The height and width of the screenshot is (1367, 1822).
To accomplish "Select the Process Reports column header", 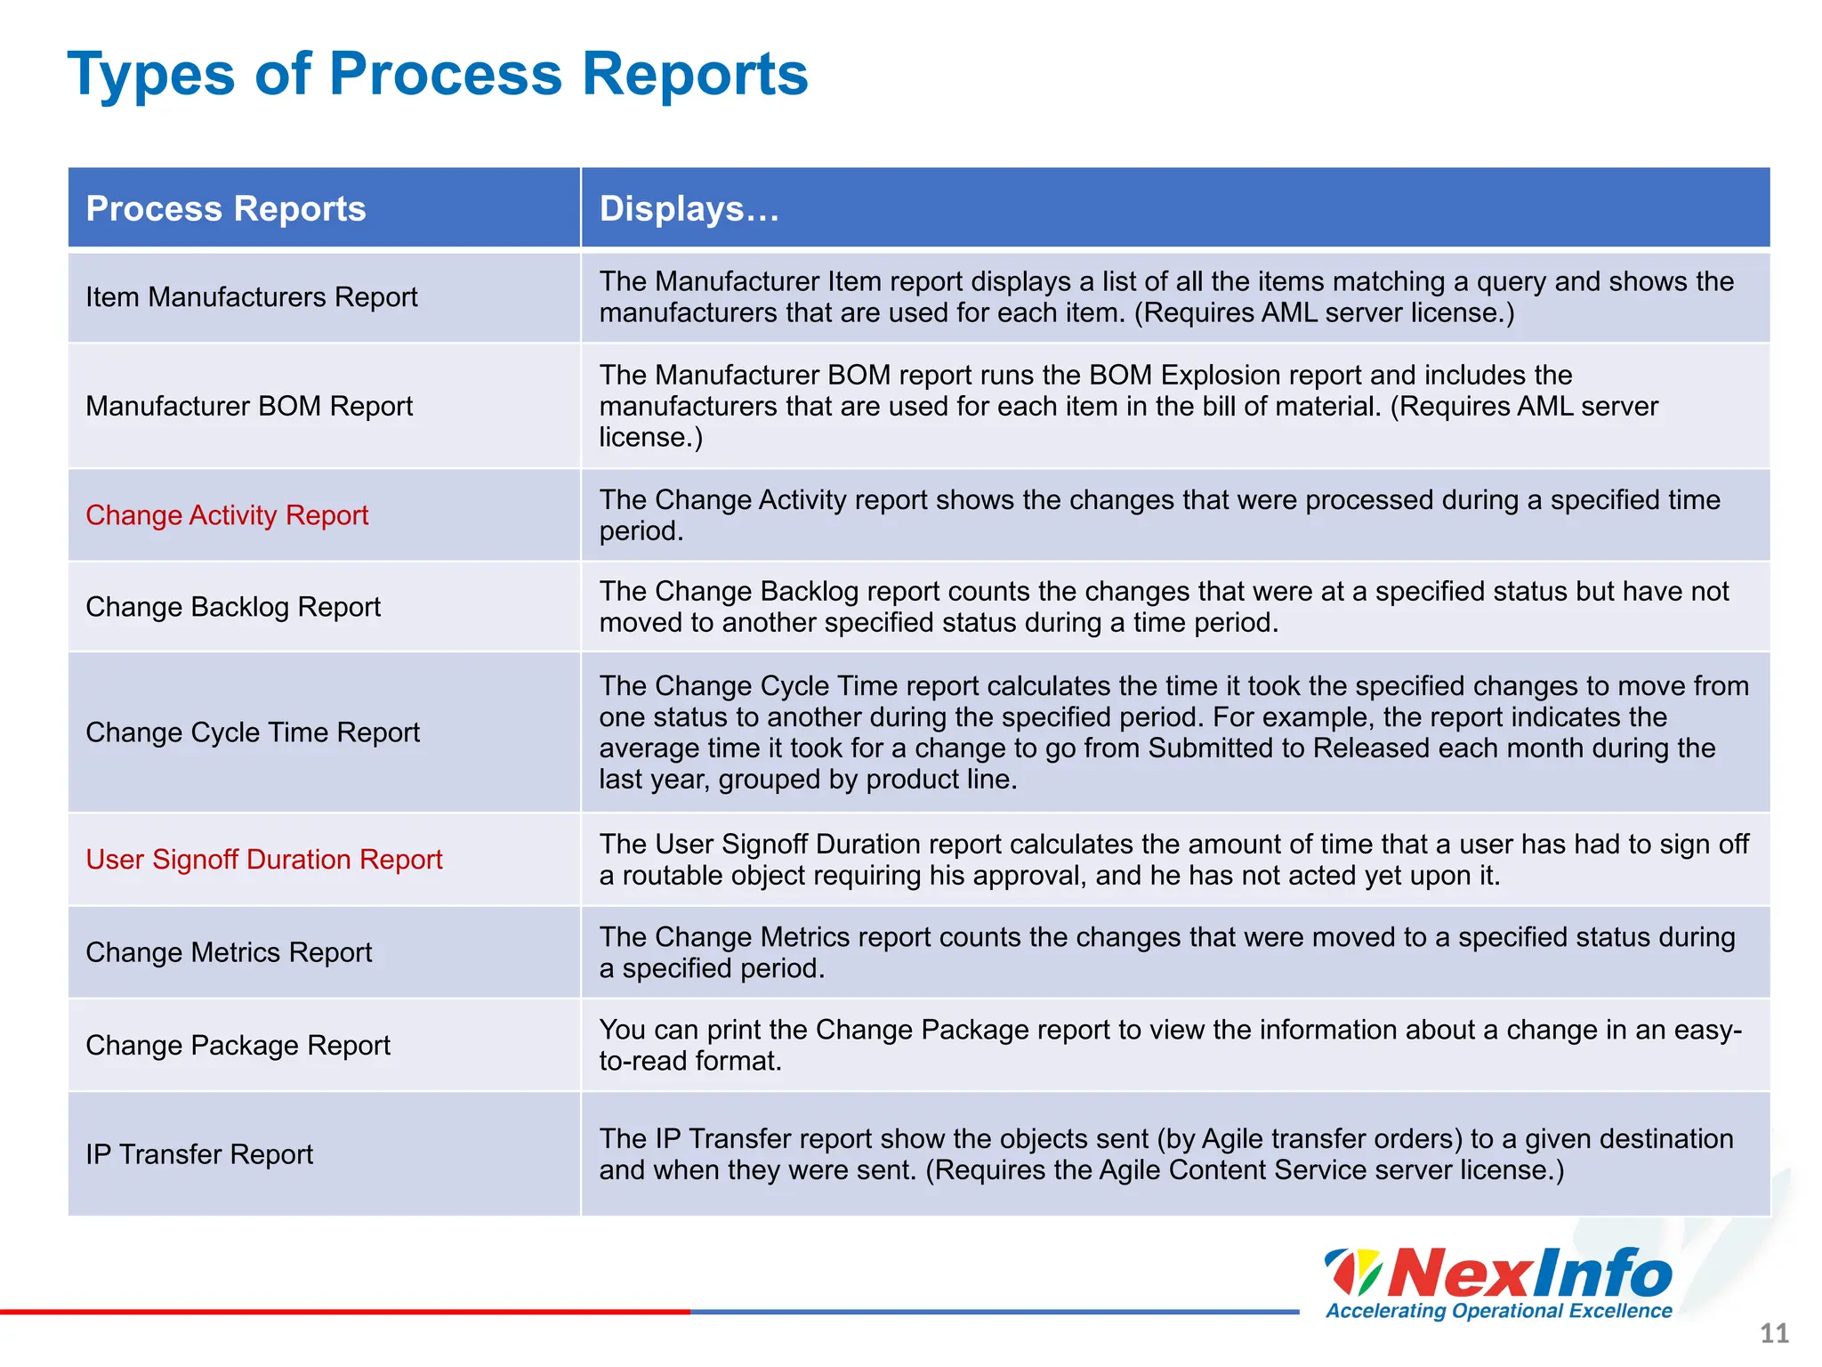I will click(226, 208).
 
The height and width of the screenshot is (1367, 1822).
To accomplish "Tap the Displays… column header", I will click(689, 208).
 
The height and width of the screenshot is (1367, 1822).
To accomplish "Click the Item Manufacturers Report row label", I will click(251, 297).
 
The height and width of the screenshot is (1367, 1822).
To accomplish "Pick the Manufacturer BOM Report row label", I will click(249, 406).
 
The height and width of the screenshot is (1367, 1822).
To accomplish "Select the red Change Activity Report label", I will click(227, 515).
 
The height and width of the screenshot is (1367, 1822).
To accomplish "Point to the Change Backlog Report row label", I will click(233, 607).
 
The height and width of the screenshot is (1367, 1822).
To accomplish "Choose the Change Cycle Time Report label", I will click(253, 732).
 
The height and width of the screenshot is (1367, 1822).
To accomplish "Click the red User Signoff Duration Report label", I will click(264, 860).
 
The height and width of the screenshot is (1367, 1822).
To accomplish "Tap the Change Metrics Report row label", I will click(229, 952).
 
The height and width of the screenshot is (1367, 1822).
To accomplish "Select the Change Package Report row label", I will click(238, 1045).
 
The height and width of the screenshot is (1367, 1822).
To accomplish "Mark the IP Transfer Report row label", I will click(199, 1154).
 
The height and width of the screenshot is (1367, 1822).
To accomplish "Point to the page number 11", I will click(1774, 1333).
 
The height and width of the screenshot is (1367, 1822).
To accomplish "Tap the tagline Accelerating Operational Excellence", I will click(1498, 1311).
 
